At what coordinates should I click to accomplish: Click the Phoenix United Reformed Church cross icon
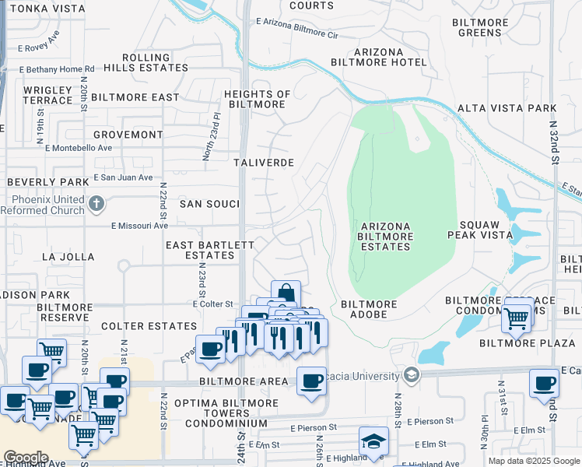96,204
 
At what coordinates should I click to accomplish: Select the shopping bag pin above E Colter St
286,293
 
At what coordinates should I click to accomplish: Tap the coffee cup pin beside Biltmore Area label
311,381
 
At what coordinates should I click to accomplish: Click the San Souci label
209,203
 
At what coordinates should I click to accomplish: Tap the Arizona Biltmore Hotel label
379,57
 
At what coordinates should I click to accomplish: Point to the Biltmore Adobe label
370,304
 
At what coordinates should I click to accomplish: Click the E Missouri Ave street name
139,226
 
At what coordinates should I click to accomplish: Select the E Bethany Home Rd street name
47,69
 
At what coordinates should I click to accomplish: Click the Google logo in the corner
26,458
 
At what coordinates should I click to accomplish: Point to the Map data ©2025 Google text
533,461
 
